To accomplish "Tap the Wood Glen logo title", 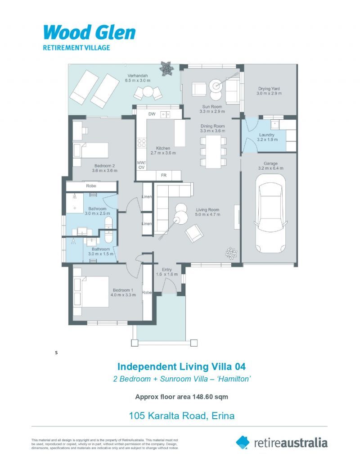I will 89,33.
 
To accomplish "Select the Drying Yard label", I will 270,89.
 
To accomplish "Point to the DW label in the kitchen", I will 152,114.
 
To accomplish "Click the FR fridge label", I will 164,175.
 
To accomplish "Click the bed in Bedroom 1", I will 92,291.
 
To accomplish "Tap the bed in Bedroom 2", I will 92,149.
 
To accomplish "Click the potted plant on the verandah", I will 166,68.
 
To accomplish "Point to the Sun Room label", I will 212,107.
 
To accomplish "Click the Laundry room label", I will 266,135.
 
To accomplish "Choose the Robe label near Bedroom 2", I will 91,185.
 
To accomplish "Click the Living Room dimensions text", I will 207,215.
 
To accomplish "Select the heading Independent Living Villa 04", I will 181,366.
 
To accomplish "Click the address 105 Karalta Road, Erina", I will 181,415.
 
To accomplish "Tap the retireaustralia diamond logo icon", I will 243,442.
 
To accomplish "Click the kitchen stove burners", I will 142,143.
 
